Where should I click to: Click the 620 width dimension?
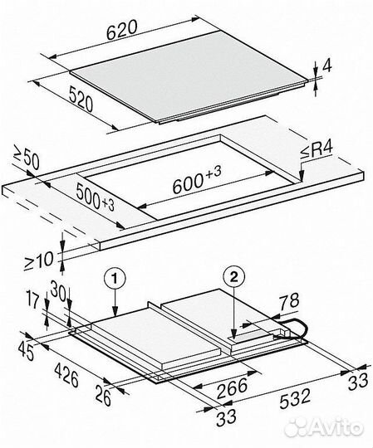click(x=122, y=30)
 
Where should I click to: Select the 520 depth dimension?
click(x=81, y=99)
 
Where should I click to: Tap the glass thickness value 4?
click(x=326, y=66)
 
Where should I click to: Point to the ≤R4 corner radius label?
click(x=317, y=149)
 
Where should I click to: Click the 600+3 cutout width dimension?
click(x=197, y=180)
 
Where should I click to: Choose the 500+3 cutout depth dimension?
click(x=96, y=197)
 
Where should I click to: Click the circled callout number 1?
click(x=115, y=279)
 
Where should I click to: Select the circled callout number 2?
click(x=234, y=276)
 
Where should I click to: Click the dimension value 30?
click(x=59, y=292)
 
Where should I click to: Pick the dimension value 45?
click(x=26, y=352)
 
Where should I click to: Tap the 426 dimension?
click(x=66, y=374)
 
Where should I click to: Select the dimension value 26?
click(x=103, y=396)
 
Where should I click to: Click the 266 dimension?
click(x=232, y=388)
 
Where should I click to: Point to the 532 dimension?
click(x=295, y=399)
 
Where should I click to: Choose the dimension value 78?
click(x=288, y=301)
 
